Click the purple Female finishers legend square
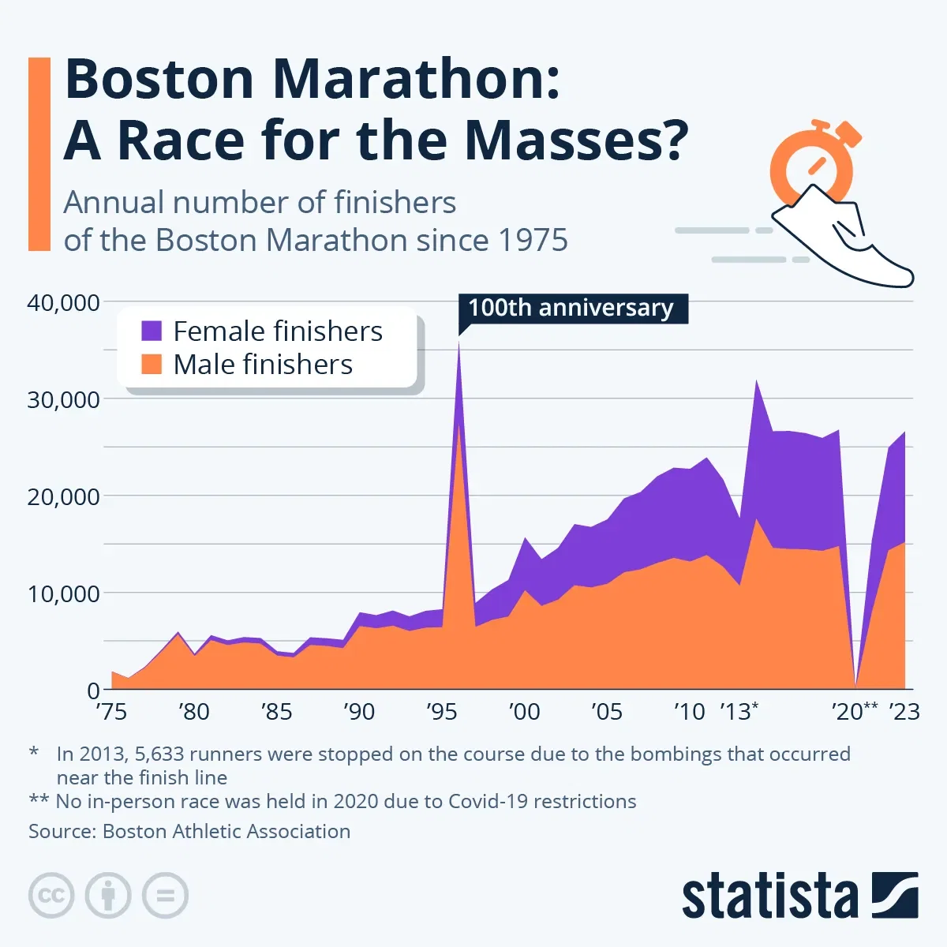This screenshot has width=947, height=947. [x=152, y=331]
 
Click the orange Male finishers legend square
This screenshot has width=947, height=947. [x=152, y=364]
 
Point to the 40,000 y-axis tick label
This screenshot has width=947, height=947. [x=64, y=302]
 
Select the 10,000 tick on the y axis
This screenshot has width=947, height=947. [x=64, y=593]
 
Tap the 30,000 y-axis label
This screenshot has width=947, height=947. [x=64, y=399]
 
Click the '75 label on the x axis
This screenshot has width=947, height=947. [x=111, y=712]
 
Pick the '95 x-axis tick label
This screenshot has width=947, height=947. [x=441, y=712]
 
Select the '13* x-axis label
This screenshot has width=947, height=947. [x=739, y=712]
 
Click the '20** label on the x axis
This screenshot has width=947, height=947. [x=855, y=712]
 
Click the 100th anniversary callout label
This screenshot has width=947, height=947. [x=571, y=308]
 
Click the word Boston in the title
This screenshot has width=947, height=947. [x=158, y=79]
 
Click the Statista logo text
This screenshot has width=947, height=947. [x=769, y=897]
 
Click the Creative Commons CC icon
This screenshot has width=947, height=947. [x=51, y=896]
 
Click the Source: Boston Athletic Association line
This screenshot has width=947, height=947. [x=189, y=831]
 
